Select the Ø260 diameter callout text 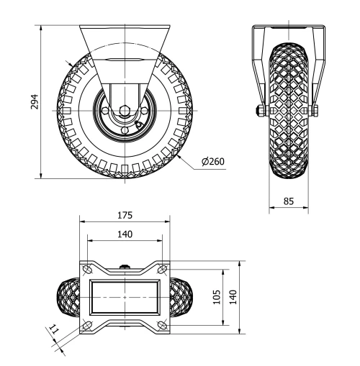[x=213, y=161]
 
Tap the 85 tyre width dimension [x=289, y=202]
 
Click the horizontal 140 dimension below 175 [x=125, y=234]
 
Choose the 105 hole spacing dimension [x=216, y=298]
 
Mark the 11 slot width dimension [x=53, y=331]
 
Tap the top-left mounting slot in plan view [x=87, y=268]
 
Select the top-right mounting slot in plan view [x=163, y=268]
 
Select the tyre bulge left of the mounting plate [x=69, y=297]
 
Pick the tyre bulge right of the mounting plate [x=181, y=297]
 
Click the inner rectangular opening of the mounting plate [x=125, y=297]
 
